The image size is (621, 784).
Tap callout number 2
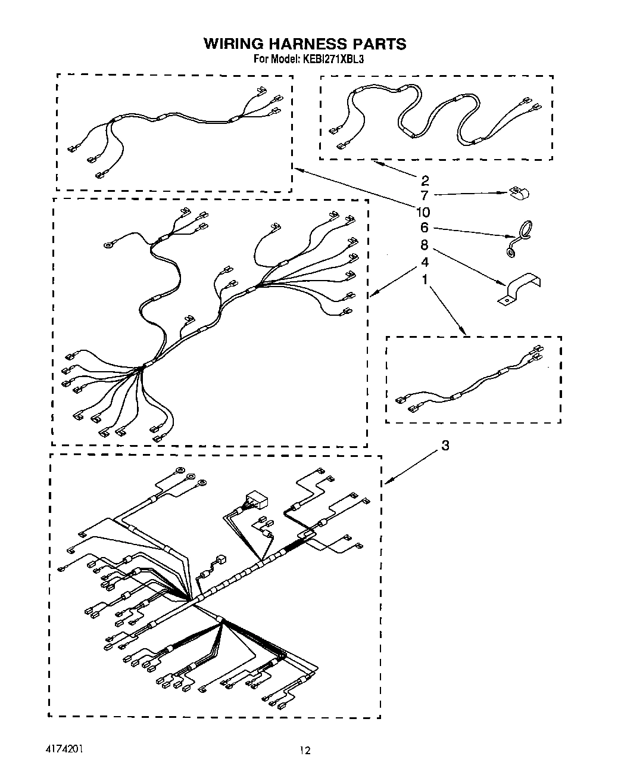[425, 181]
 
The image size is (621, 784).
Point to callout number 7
[425, 195]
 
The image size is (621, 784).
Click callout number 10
[423, 212]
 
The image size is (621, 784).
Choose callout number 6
[425, 228]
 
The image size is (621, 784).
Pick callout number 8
[425, 245]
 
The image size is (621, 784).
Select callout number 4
[425, 262]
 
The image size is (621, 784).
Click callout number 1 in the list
[425, 278]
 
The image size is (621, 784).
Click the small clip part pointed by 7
[520, 192]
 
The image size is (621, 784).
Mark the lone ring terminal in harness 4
[109, 243]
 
